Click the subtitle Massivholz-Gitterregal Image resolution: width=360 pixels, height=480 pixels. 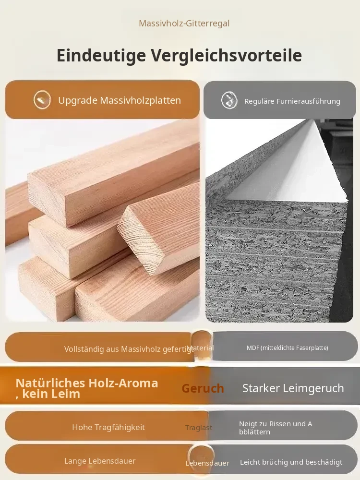pyautogui.click(x=184, y=23)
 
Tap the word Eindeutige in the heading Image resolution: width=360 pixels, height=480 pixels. pyautogui.click(x=101, y=55)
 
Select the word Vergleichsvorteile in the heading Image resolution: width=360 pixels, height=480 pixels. pyautogui.click(x=227, y=55)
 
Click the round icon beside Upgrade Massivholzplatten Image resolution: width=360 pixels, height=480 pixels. pyautogui.click(x=42, y=100)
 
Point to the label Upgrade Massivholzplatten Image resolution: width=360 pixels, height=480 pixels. pyautogui.click(x=120, y=100)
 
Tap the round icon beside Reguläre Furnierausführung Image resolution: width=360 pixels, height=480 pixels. pyautogui.click(x=229, y=100)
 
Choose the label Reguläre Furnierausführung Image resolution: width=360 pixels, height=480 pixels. pyautogui.click(x=292, y=101)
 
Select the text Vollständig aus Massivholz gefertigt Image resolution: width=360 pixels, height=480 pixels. pyautogui.click(x=129, y=349)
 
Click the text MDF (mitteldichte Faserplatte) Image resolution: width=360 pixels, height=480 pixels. pyautogui.click(x=288, y=348)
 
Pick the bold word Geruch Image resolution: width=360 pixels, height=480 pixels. pyautogui.click(x=203, y=388)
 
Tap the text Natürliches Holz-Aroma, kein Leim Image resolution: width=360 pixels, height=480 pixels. pyautogui.click(x=86, y=388)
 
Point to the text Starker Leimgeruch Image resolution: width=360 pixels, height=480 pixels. pyautogui.click(x=293, y=388)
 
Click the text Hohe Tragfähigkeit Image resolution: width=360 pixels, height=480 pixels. pyautogui.click(x=108, y=427)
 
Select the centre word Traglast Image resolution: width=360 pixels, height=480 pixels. pyautogui.click(x=199, y=428)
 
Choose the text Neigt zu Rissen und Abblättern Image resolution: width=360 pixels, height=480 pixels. pyautogui.click(x=276, y=428)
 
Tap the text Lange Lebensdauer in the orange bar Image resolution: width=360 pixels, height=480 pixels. pyautogui.click(x=100, y=461)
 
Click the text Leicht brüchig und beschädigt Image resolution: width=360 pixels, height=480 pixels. pyautogui.click(x=291, y=462)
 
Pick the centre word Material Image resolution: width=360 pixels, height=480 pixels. pyautogui.click(x=200, y=348)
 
